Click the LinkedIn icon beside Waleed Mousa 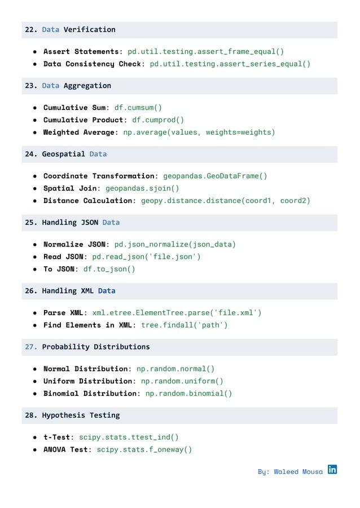click(332, 469)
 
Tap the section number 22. click(30, 29)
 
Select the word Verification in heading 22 click(89, 29)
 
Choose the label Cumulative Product click(83, 120)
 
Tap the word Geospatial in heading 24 click(63, 154)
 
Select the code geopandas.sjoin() click(142, 188)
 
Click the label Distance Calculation click(87, 200)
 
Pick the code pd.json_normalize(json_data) click(175, 244)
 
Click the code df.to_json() click(109, 269)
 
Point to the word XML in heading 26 click(87, 291)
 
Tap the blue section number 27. click(30, 347)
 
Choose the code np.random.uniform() click(182, 381)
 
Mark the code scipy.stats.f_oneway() click(144, 449)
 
